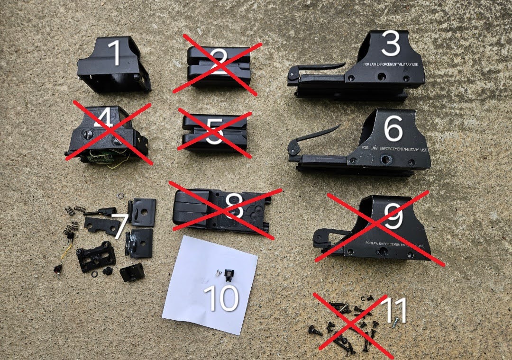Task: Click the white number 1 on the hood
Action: pyautogui.click(x=115, y=53)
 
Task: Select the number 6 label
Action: pyautogui.click(x=393, y=129)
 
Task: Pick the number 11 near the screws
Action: pyautogui.click(x=393, y=311)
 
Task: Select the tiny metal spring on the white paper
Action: pyautogui.click(x=218, y=272)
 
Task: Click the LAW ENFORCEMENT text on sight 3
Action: pyautogui.click(x=379, y=64)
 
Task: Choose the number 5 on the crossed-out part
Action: pyautogui.click(x=214, y=132)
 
